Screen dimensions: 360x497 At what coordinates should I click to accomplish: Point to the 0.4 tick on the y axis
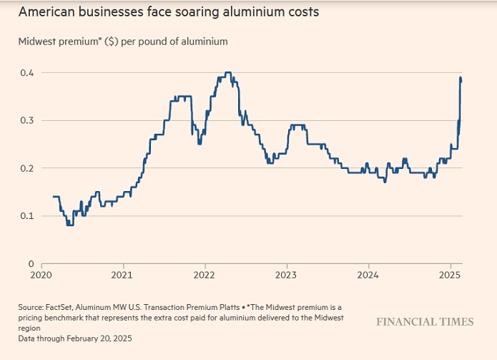tap(26, 72)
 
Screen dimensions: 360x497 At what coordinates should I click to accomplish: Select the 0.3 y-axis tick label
tap(26, 120)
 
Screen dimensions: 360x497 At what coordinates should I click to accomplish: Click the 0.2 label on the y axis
tap(26, 168)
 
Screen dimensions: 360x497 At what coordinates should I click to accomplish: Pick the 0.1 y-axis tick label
tap(26, 215)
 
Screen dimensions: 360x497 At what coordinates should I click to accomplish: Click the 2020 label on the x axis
tap(41, 275)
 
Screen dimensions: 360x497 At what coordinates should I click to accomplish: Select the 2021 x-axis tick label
tap(122, 275)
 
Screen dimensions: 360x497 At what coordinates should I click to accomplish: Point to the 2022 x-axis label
tap(205, 275)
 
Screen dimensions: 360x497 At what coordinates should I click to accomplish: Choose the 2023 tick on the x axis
tap(286, 275)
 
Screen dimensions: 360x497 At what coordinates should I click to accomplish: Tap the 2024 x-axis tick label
tap(368, 275)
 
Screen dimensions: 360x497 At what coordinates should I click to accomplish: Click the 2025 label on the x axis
tap(450, 275)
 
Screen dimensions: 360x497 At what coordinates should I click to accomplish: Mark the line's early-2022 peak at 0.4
tap(227, 73)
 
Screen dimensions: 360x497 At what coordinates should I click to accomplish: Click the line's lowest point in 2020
tap(69, 224)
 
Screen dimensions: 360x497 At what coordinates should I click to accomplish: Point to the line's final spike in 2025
tap(461, 77)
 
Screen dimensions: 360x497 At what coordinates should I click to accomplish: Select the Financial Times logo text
tap(425, 322)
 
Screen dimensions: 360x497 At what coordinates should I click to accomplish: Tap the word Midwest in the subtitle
tap(35, 42)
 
